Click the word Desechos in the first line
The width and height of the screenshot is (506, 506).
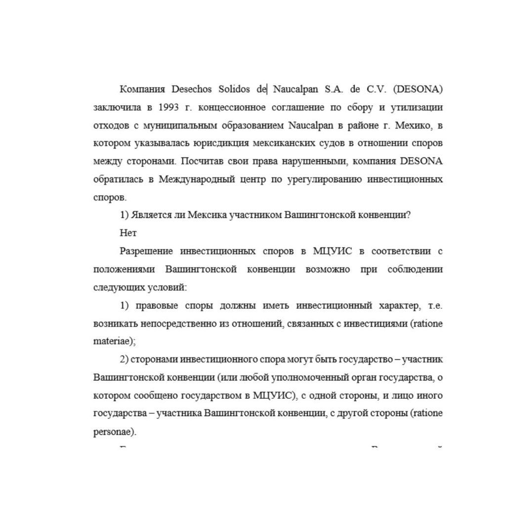point(191,89)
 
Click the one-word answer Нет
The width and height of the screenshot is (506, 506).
point(128,233)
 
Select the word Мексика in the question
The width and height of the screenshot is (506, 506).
point(204,215)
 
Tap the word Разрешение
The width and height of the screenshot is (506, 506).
point(146,251)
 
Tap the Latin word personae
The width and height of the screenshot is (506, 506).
point(113,431)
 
